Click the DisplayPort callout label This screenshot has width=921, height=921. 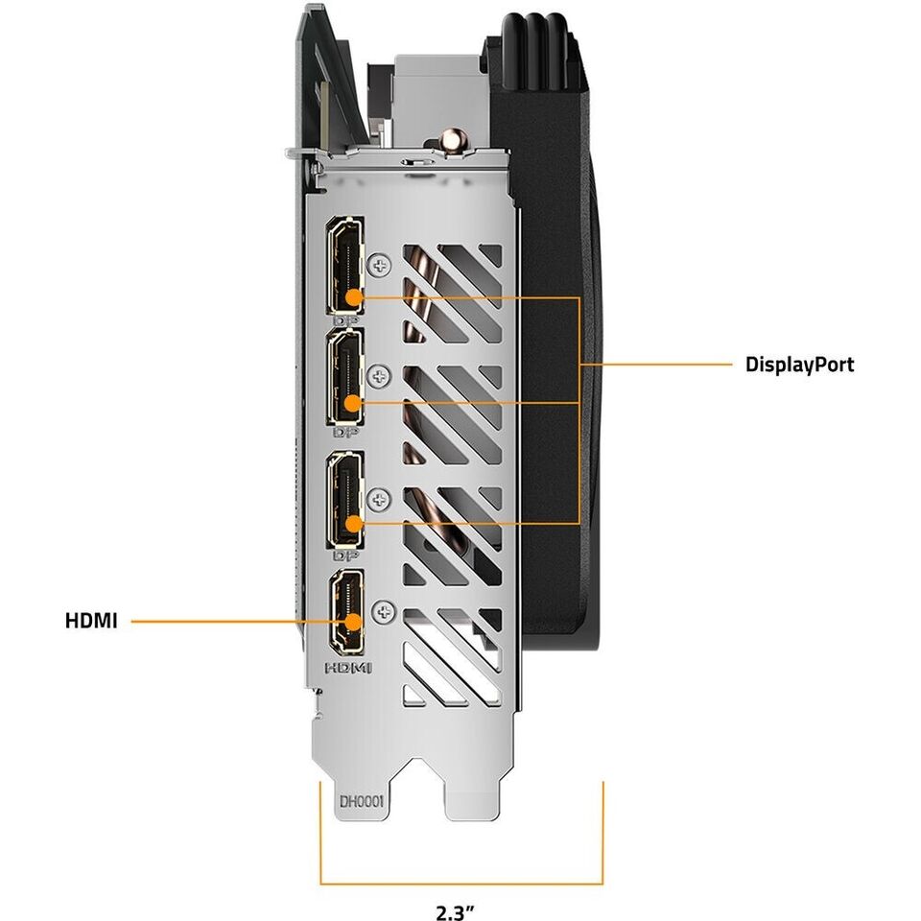click(x=799, y=365)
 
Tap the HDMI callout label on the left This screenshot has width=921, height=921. click(x=91, y=621)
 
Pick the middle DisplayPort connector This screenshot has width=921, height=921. click(x=346, y=377)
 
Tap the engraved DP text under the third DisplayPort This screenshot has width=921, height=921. click(x=345, y=555)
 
